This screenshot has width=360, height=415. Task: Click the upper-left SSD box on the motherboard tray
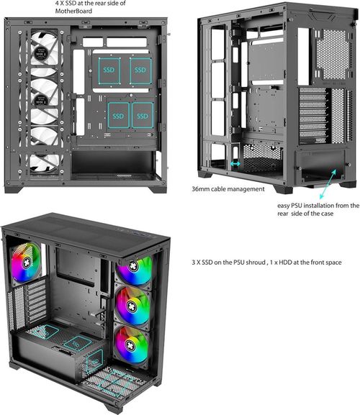[x=108, y=71]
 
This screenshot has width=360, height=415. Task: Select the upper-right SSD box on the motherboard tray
[x=141, y=71]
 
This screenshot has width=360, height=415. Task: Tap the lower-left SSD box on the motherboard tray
[x=117, y=113]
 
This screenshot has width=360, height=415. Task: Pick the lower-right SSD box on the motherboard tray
[x=142, y=113]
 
